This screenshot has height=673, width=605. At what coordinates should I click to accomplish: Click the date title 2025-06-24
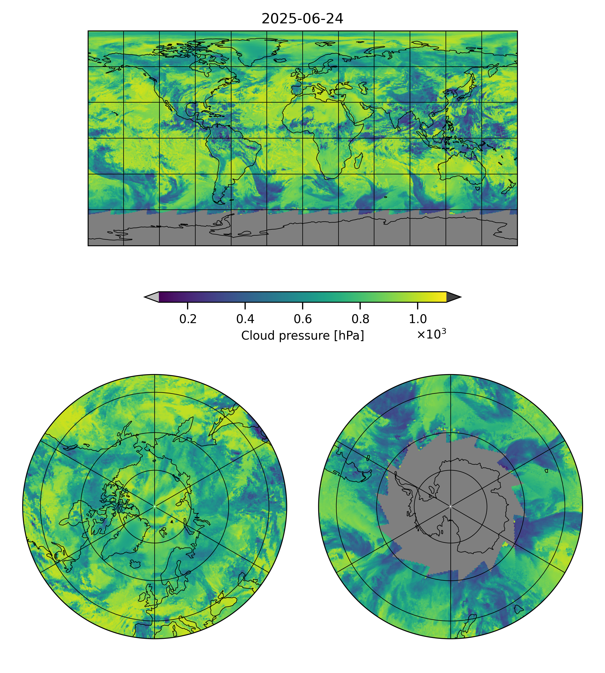coord(302,19)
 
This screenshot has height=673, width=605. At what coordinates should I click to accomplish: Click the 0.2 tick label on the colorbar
coord(188,319)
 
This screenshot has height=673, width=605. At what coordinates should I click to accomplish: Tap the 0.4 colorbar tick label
coord(245,319)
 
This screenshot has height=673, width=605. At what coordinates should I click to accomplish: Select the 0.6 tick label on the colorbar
coord(302,319)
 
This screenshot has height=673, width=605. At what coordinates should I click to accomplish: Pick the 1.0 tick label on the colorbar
coord(417,319)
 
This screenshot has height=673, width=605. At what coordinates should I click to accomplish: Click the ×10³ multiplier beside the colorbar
coord(431,334)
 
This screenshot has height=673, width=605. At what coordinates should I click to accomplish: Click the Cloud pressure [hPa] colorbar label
coord(302,336)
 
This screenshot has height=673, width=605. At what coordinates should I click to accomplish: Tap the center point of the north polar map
coord(155,506)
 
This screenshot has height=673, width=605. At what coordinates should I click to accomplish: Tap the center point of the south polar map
coord(450,506)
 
